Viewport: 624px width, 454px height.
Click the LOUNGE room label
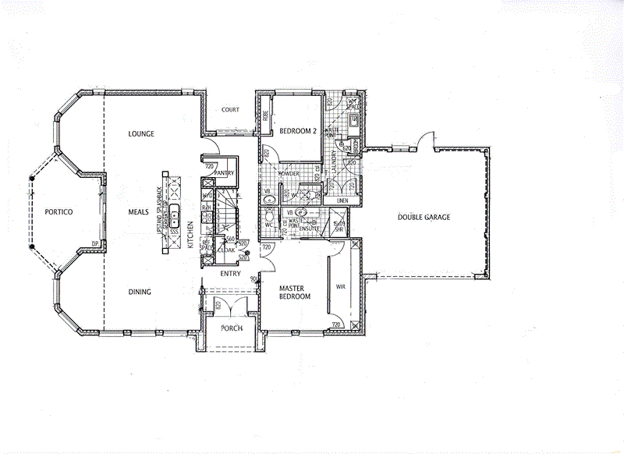pos(141,134)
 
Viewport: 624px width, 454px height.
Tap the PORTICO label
pos(58,211)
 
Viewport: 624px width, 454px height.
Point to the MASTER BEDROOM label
pos(296,293)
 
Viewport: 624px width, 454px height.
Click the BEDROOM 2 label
pos(298,131)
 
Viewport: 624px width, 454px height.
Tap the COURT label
pos(230,110)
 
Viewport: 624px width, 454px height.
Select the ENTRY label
pos(229,274)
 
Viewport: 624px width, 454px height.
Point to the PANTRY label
pos(214,173)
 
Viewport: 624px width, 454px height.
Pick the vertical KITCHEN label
pos(190,234)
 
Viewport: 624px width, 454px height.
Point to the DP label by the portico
pos(94,244)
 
